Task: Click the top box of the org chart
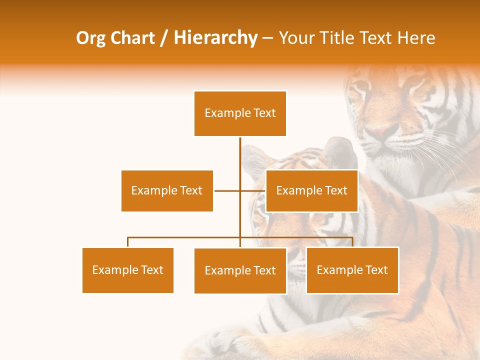tap(240, 113)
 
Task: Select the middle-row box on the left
tap(167, 190)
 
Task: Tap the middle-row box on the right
tap(311, 190)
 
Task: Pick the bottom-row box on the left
tap(128, 270)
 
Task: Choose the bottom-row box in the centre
tap(240, 270)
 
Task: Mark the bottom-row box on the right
tap(352, 270)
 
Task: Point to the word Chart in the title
tap(131, 38)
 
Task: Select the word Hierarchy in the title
tap(215, 38)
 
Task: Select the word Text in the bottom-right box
tap(376, 270)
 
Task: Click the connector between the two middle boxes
tap(239, 190)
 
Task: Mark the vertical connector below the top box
tap(240, 155)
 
